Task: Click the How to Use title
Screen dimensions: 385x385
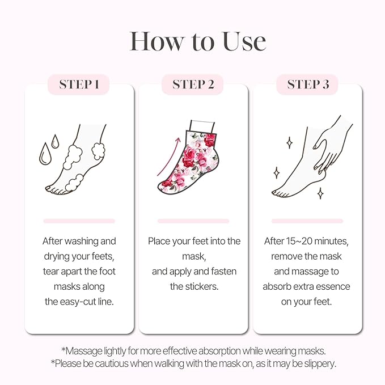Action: (x=197, y=41)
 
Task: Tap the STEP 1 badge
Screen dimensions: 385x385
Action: (x=79, y=84)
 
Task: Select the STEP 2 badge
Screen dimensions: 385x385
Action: (x=193, y=84)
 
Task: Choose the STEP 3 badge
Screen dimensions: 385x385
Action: (x=308, y=84)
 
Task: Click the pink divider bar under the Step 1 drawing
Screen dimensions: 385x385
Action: (x=79, y=221)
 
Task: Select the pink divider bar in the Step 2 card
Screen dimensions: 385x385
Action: (x=193, y=221)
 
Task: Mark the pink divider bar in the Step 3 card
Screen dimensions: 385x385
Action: (x=308, y=221)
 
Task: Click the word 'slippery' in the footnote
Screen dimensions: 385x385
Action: (x=317, y=363)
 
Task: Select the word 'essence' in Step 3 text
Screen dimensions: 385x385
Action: (x=336, y=286)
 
